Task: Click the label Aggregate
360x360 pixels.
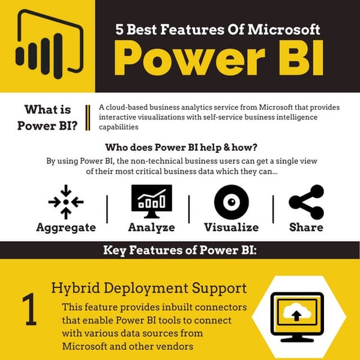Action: coord(66,227)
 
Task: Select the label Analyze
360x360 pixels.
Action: coord(151,227)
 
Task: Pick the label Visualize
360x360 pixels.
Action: coord(231,227)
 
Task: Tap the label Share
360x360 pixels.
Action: coord(306,227)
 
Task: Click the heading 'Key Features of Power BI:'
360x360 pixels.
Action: coord(180,250)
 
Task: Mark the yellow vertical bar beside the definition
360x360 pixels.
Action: coord(88,117)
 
